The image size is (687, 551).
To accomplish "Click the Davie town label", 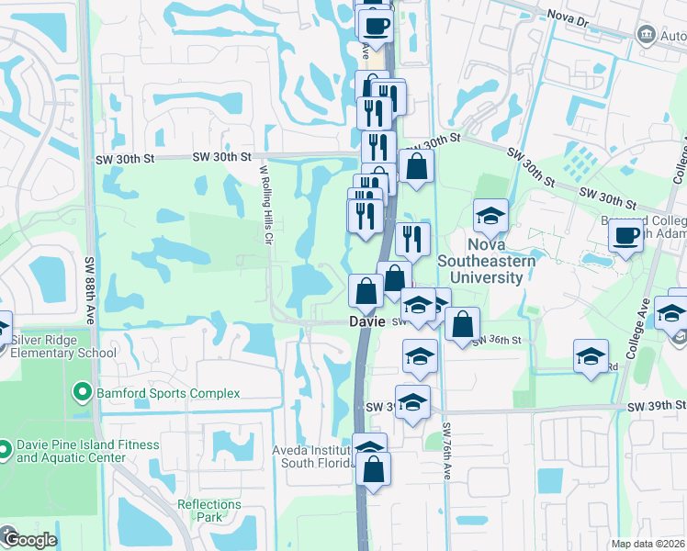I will (x=365, y=322).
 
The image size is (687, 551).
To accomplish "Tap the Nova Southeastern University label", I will (x=501, y=253).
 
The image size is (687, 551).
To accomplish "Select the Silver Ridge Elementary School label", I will (x=63, y=345).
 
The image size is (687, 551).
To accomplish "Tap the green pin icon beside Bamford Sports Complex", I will (x=81, y=393).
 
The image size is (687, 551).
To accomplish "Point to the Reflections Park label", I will (x=209, y=511).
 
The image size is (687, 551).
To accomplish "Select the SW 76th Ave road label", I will (x=446, y=452).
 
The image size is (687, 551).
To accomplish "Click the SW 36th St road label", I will (x=497, y=341).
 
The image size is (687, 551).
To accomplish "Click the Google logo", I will (x=30, y=540).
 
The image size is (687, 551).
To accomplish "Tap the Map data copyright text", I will (x=648, y=544).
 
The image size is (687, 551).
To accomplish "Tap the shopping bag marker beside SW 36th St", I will (x=462, y=324).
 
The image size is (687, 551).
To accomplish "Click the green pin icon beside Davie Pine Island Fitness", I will (x=6, y=451).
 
